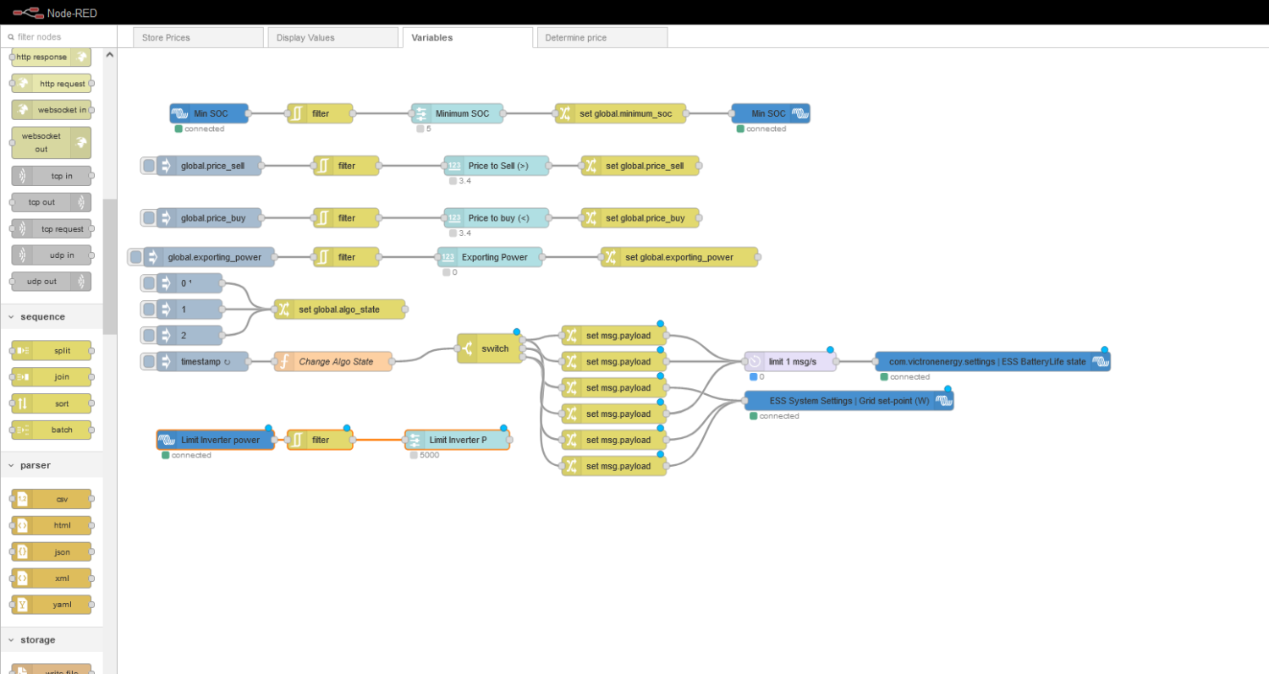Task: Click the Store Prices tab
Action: coord(166,37)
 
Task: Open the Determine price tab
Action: coord(575,37)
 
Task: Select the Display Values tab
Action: coord(305,37)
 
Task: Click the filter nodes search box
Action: coord(59,37)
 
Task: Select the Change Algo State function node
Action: coord(334,362)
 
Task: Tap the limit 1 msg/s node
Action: coord(791,362)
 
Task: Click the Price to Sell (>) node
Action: coord(497,166)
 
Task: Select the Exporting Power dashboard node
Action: coord(491,257)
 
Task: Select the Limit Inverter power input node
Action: coord(216,440)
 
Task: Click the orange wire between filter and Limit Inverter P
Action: coord(380,440)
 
